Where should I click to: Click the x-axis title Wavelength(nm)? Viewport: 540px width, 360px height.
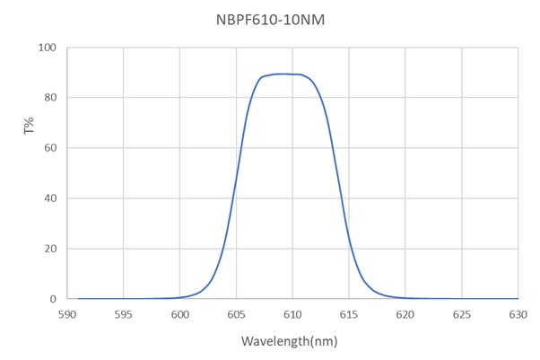click(x=289, y=342)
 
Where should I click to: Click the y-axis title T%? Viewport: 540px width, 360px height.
click(x=28, y=128)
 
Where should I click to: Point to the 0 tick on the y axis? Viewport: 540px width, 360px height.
click(x=54, y=299)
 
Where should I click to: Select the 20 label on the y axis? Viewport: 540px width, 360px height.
click(x=51, y=249)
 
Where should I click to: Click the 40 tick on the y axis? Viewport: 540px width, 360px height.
click(x=51, y=198)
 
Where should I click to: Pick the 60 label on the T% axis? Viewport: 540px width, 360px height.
click(x=51, y=148)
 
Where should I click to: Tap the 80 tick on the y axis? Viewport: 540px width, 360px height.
click(x=51, y=98)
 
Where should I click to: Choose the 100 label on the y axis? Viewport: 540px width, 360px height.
click(x=48, y=48)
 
